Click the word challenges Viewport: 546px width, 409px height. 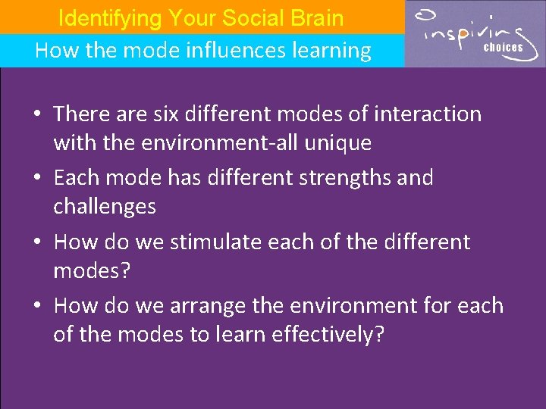(105, 206)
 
